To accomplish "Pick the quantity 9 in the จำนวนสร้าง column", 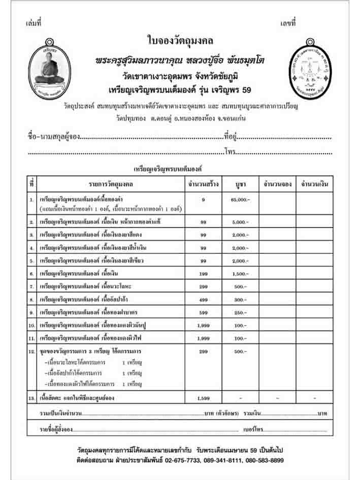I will [x=203, y=200].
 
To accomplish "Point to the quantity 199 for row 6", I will [x=203, y=273].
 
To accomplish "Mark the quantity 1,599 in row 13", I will [x=203, y=398].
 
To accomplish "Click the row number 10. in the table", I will [x=31, y=325].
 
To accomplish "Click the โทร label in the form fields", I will [x=229, y=152].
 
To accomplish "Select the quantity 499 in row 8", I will [x=203, y=299].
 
